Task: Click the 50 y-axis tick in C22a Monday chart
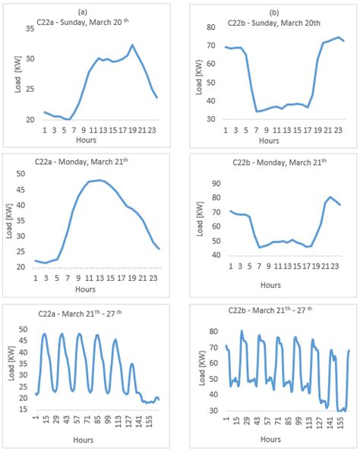(26, 174)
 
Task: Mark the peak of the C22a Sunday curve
(132, 46)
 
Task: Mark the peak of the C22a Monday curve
(99, 180)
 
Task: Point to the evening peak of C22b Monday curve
(330, 197)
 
